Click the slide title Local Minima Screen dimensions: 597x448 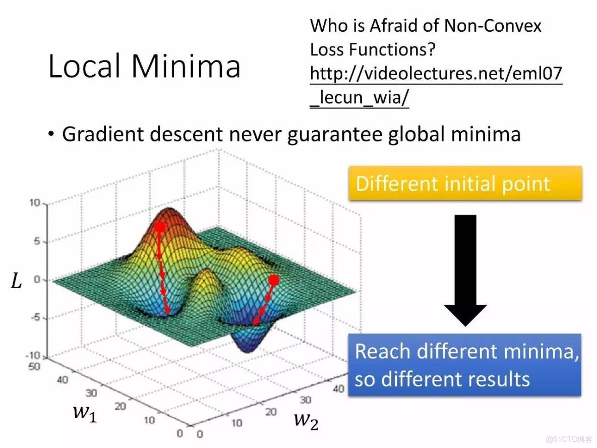coord(144,66)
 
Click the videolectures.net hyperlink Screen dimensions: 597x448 coord(436,85)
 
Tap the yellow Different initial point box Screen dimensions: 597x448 coord(465,183)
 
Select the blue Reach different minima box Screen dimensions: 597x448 coord(464,365)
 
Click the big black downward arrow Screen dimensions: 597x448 coord(465,270)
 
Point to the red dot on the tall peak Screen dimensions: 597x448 coord(160,228)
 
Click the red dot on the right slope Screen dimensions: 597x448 coord(274,281)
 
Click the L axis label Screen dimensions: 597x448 coord(16,282)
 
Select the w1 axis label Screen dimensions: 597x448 coord(85,413)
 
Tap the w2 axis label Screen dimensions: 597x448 coord(306,421)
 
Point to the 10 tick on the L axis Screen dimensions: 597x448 coord(35,202)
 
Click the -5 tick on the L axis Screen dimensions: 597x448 coord(35,317)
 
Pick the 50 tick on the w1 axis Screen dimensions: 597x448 coord(34,366)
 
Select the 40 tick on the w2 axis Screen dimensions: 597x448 coord(338,388)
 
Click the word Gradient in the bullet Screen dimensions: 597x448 coord(103,134)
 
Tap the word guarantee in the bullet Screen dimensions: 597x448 coord(334,135)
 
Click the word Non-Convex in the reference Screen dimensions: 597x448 coord(493,26)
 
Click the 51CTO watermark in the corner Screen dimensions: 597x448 coord(569,439)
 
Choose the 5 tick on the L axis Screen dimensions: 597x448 coord(37,241)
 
